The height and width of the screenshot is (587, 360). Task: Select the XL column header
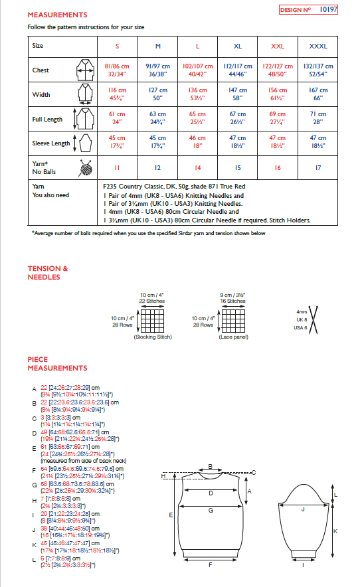click(238, 46)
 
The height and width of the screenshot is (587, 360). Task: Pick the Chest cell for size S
click(118, 70)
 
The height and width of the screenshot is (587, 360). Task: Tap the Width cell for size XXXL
click(318, 94)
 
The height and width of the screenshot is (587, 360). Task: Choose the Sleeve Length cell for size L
click(197, 142)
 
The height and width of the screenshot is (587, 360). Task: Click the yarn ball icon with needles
click(85, 169)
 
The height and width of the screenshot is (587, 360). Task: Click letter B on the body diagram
click(210, 466)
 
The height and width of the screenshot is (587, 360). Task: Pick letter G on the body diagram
click(211, 511)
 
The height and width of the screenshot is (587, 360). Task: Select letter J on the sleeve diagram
click(303, 510)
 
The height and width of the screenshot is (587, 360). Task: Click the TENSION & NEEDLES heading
click(47, 273)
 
